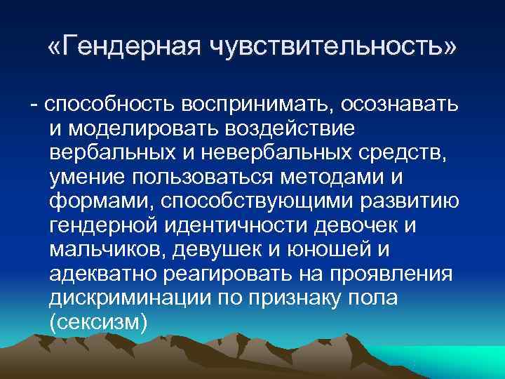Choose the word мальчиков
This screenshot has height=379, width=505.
click(106, 251)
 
